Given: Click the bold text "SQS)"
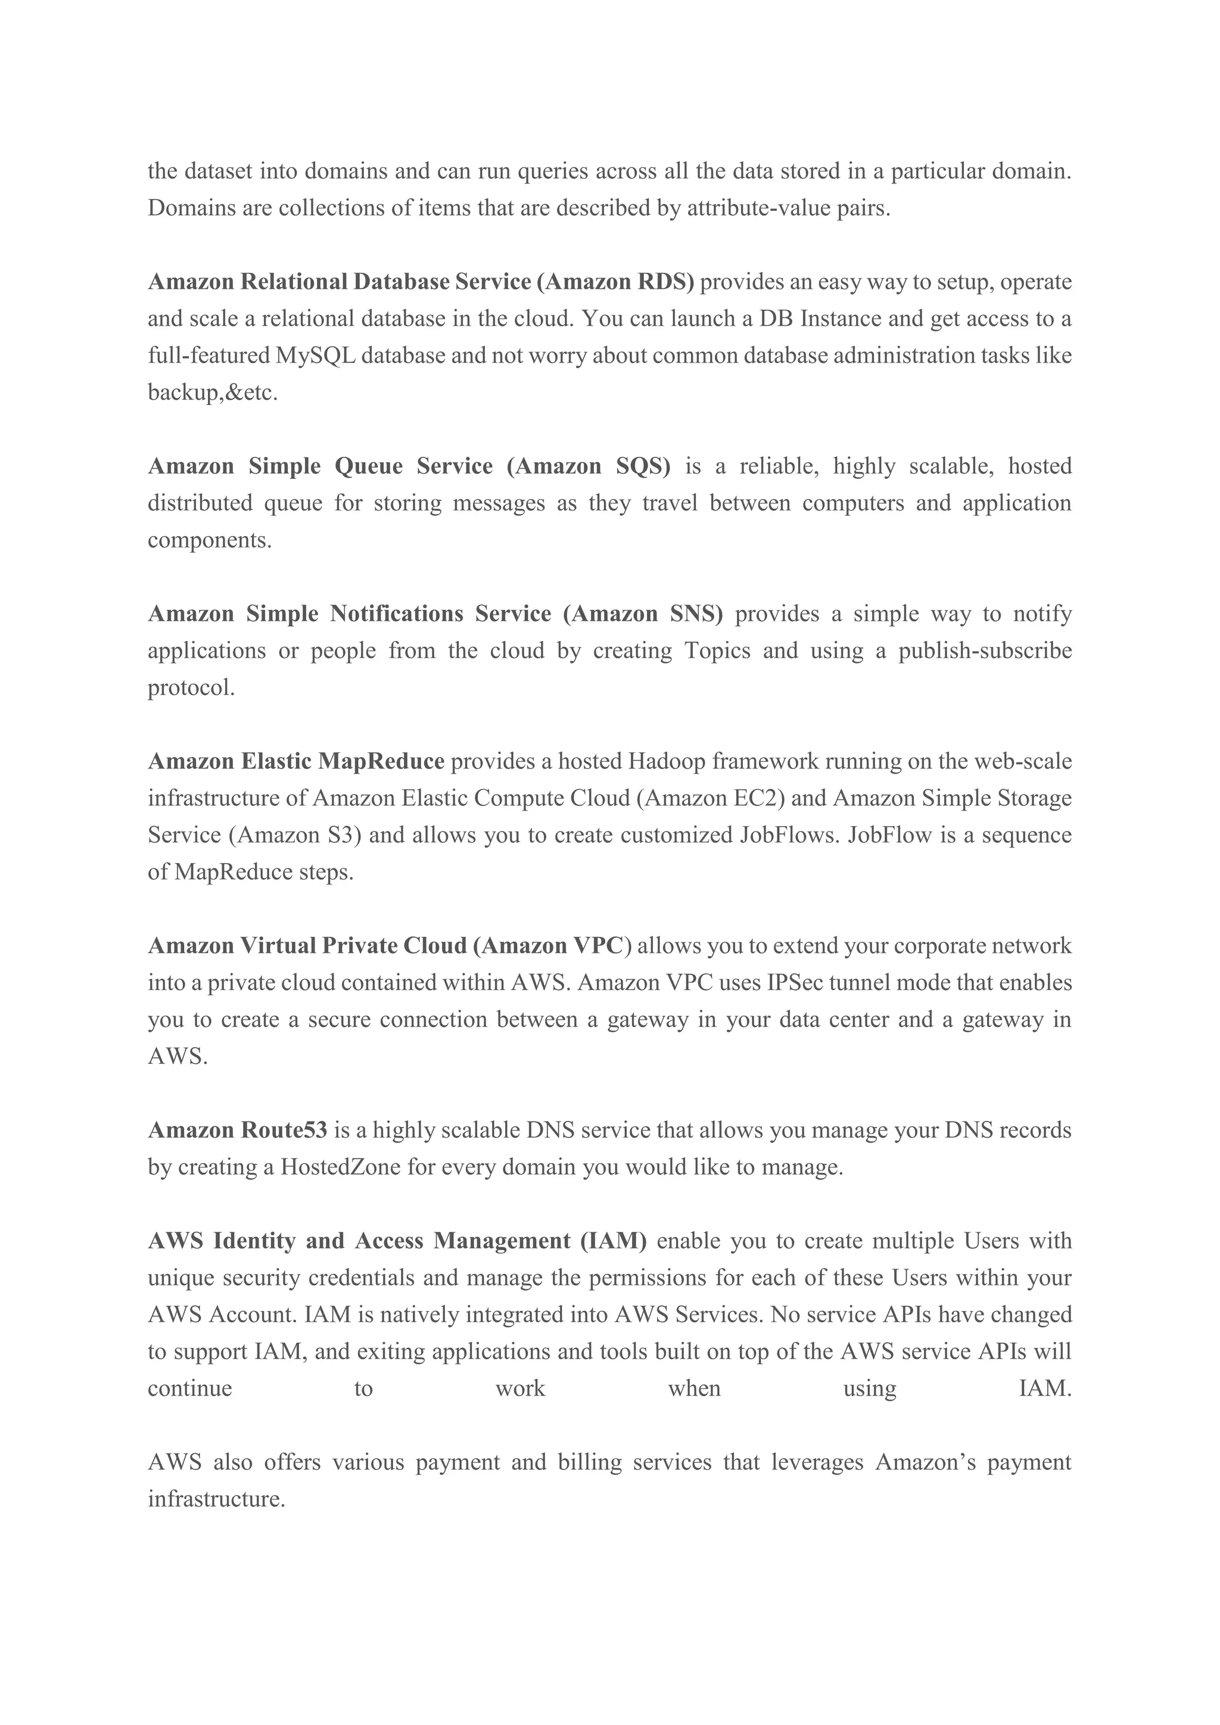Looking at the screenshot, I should (643, 466).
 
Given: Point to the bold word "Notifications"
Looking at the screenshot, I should (397, 615).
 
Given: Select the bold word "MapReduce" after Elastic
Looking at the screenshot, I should (382, 762).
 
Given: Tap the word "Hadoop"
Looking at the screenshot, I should (667, 762).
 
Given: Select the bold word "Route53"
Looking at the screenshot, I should (284, 1131).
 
